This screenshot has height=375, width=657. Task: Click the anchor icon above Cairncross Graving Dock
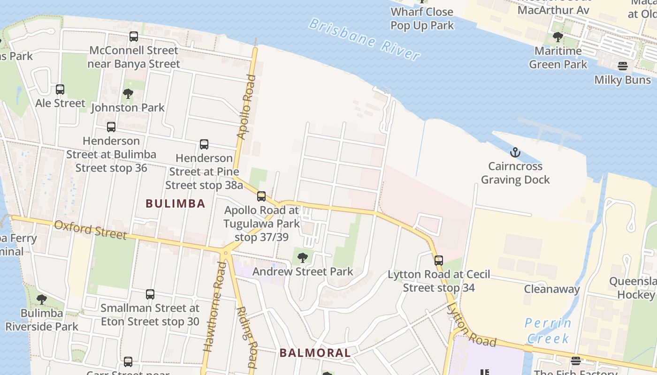(515, 152)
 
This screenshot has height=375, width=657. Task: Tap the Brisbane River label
(364, 40)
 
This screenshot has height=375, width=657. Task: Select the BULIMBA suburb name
(176, 203)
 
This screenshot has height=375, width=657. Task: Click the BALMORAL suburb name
(315, 353)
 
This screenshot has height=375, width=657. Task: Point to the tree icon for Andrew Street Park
(303, 257)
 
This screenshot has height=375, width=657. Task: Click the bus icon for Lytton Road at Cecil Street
(439, 260)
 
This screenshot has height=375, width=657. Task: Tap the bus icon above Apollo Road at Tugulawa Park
(261, 196)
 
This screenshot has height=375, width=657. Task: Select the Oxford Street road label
(90, 229)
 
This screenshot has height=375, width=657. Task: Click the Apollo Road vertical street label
(247, 107)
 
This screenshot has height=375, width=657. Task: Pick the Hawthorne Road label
(214, 307)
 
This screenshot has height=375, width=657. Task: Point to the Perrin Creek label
(548, 330)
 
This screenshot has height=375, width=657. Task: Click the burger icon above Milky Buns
(623, 66)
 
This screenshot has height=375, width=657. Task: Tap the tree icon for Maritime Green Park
(558, 37)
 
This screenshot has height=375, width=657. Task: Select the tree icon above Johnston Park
(128, 94)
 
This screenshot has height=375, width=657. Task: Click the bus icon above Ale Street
(60, 89)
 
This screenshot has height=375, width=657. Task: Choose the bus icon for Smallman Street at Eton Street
(150, 294)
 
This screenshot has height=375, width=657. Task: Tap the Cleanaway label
(552, 289)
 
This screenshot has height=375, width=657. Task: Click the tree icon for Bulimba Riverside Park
(42, 299)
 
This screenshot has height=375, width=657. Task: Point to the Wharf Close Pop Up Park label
(422, 18)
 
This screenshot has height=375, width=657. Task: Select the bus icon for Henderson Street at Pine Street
(204, 144)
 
